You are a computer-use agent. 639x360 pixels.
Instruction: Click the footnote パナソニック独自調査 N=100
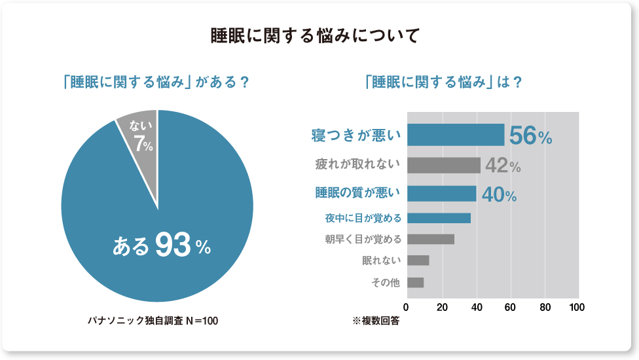click(153, 321)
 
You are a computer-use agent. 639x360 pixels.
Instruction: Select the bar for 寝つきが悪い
click(456, 135)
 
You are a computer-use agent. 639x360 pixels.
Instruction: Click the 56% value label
click(530, 135)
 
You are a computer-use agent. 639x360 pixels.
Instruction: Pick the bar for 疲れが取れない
click(443, 165)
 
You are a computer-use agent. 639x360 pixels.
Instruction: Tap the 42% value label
click(503, 166)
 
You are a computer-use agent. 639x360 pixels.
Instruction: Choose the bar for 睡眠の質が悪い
click(441, 194)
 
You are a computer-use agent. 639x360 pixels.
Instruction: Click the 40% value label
click(499, 194)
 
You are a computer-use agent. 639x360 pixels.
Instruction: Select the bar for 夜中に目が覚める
click(439, 218)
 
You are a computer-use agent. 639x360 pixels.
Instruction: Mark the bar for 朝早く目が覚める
click(430, 239)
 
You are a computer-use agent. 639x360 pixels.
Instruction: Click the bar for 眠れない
click(418, 261)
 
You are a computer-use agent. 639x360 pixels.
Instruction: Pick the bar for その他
click(415, 283)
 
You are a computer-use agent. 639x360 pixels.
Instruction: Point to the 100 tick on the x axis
click(577, 307)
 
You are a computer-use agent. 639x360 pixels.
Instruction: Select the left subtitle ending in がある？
click(156, 83)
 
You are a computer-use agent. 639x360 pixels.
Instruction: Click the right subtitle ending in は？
click(443, 83)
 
